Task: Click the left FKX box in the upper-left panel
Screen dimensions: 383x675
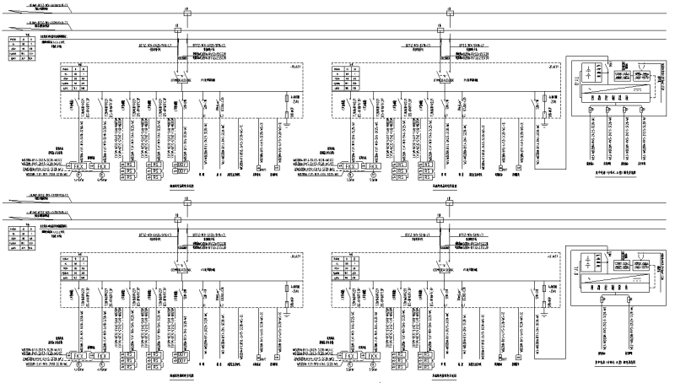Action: (79, 167)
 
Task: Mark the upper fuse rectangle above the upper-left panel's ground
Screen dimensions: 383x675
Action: (288, 100)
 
